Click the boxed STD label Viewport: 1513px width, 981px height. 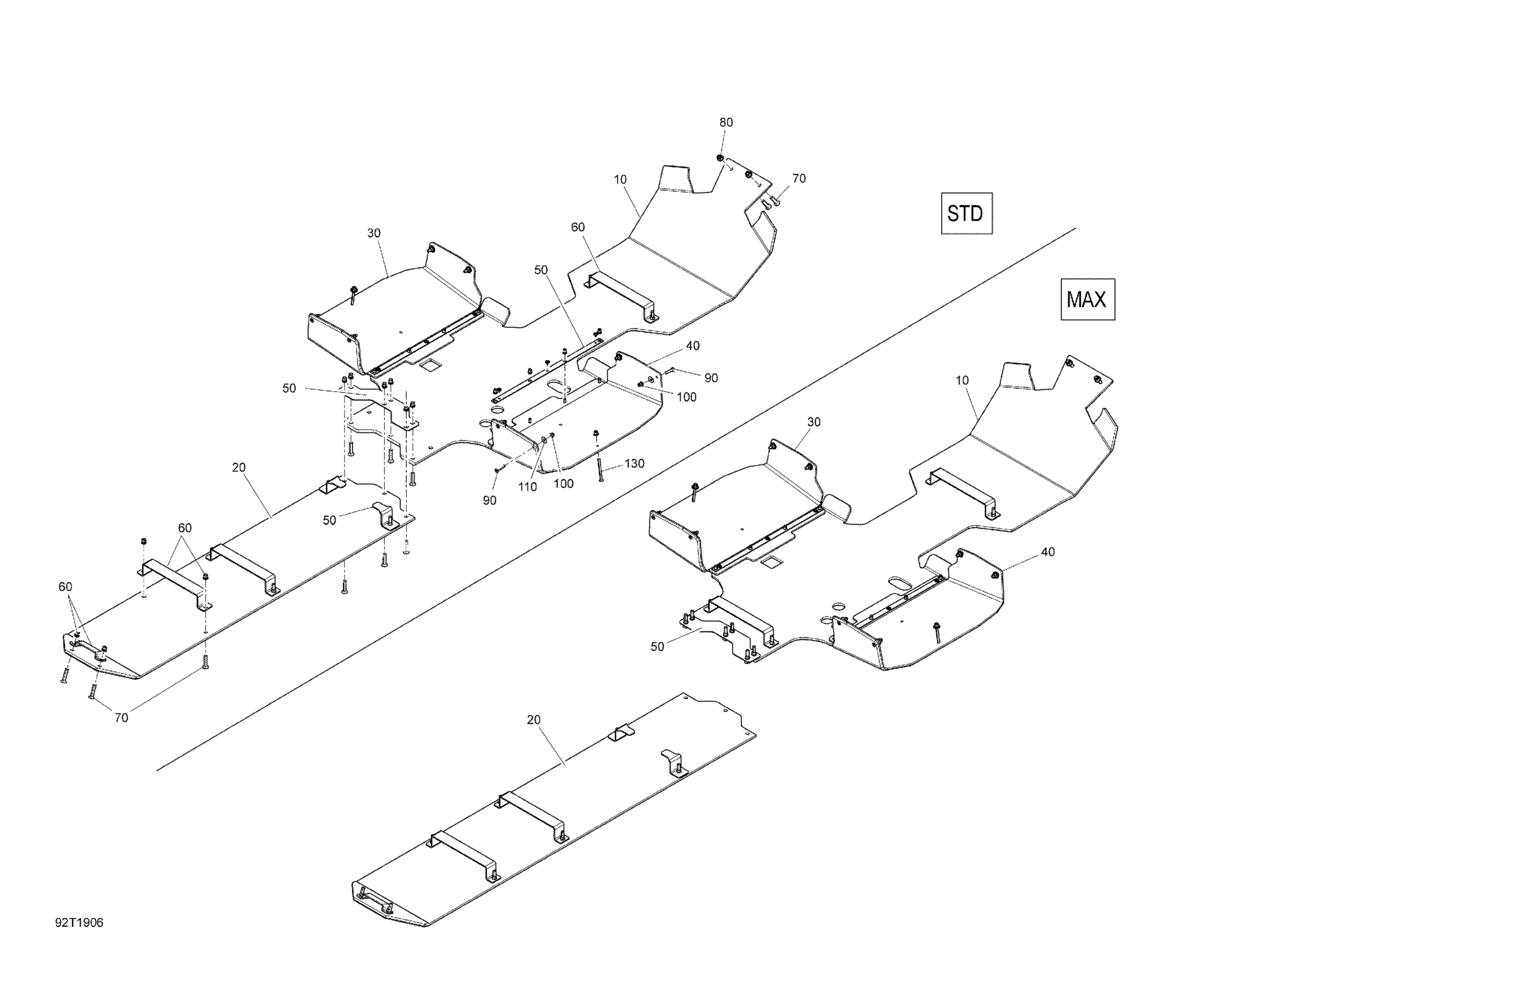965,214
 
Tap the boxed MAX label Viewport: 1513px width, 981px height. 1087,299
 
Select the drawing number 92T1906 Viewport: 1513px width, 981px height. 79,923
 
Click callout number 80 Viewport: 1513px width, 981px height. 725,122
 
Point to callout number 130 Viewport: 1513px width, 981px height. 634,463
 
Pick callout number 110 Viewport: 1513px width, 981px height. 527,487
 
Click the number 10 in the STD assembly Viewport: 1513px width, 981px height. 620,180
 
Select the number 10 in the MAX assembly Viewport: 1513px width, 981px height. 962,380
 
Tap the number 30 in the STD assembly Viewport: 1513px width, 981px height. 374,233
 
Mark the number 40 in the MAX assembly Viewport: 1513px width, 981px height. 1048,552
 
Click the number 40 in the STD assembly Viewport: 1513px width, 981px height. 692,346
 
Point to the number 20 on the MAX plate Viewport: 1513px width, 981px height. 533,720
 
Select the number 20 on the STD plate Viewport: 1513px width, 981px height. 238,467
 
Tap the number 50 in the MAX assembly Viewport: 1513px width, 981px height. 657,646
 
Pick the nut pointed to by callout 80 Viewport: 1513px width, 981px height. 720,158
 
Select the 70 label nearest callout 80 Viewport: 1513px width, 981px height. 799,179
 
